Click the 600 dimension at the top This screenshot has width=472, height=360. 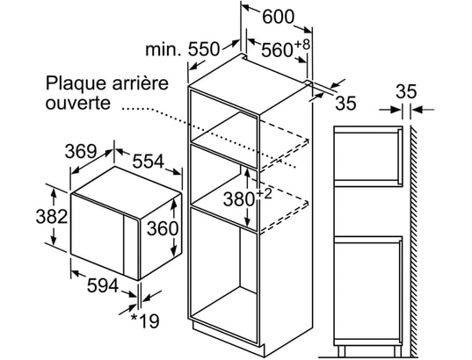(278, 17)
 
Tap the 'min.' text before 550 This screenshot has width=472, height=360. (163, 49)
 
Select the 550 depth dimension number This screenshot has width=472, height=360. (204, 49)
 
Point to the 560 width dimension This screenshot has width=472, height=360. (277, 50)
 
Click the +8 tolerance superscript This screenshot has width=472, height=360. (301, 45)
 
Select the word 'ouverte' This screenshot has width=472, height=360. (78, 103)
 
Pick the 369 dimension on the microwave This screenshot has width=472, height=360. (81, 151)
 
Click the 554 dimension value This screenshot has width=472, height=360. (149, 161)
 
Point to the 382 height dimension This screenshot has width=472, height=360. (52, 216)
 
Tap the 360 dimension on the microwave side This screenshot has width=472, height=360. (163, 228)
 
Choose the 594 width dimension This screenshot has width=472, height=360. (103, 285)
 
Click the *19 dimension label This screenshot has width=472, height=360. (145, 320)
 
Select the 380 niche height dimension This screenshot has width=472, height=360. (239, 199)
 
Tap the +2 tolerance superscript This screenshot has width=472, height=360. (264, 194)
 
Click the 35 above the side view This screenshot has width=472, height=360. (406, 91)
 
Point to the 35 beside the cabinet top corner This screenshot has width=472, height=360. (345, 103)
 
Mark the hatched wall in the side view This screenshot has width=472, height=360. (414, 241)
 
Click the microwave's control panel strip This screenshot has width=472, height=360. (131, 247)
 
